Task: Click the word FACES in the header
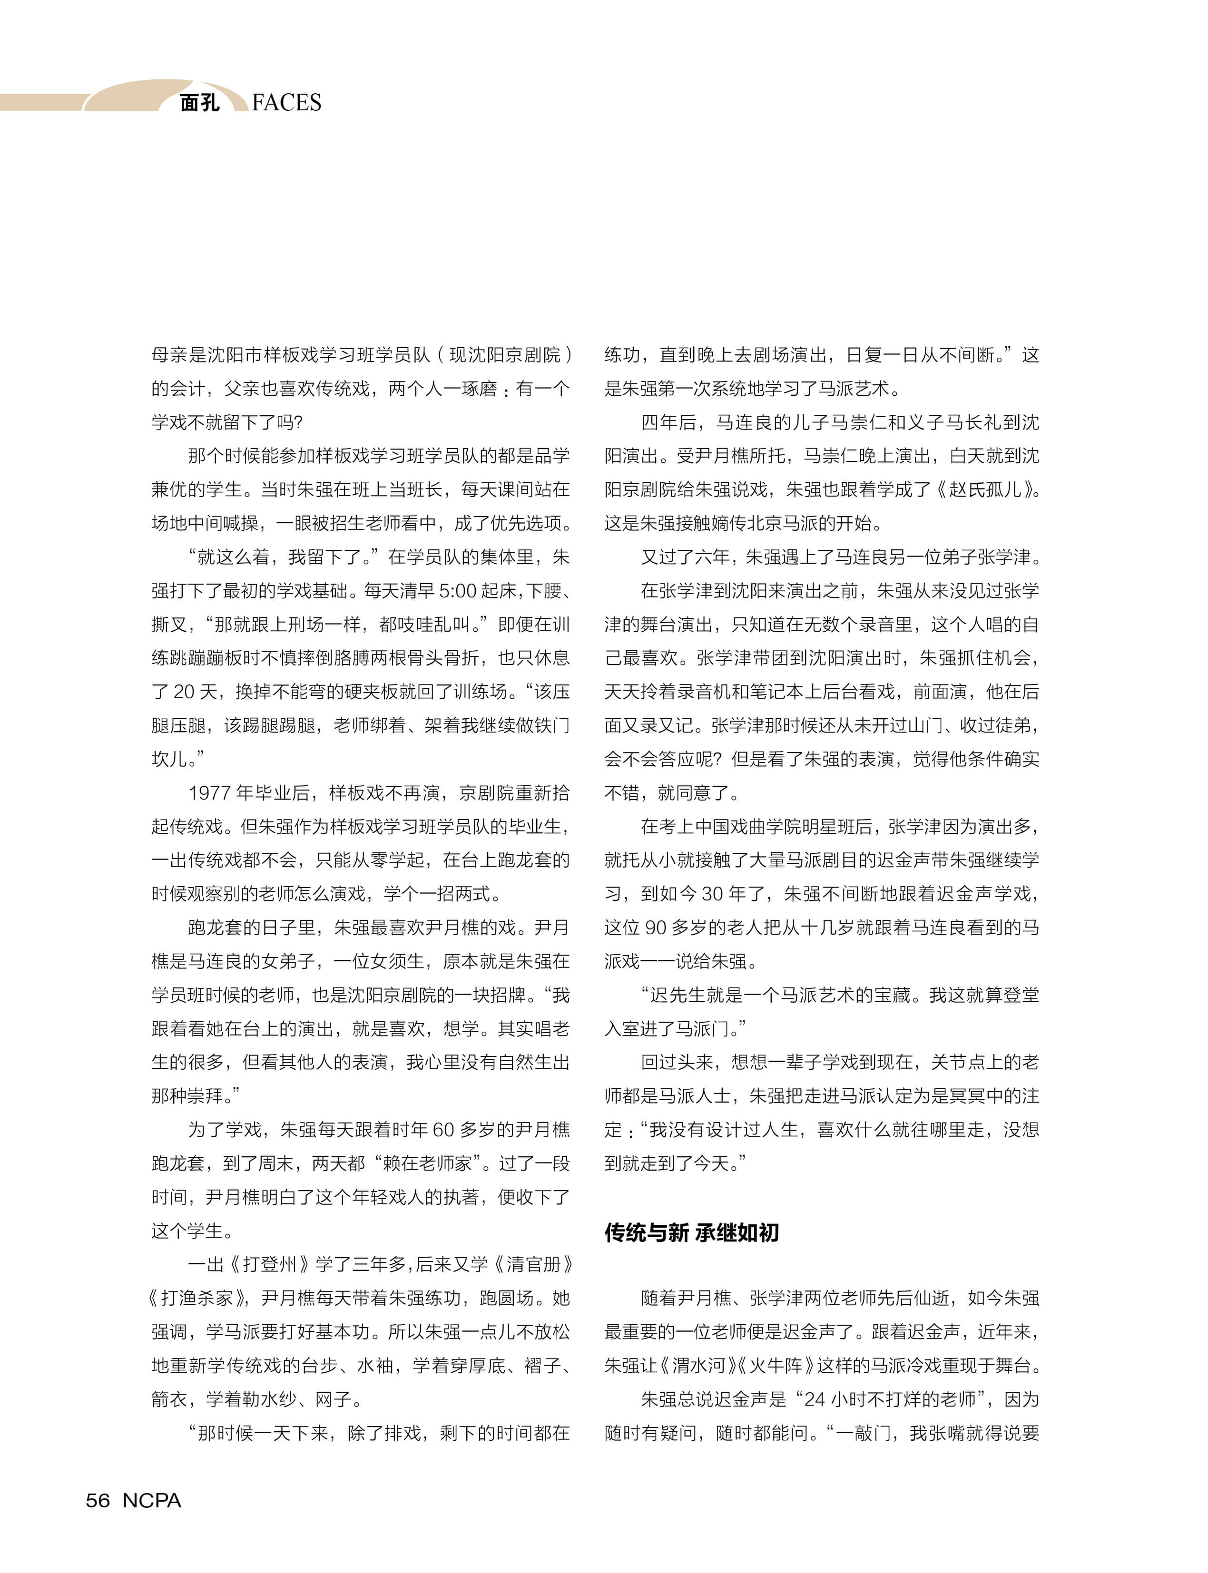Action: point(286,103)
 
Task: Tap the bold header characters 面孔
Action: point(199,103)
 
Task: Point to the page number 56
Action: point(98,1500)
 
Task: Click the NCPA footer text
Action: point(152,1500)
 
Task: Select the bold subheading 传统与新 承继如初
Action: point(691,1233)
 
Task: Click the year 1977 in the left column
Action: point(209,793)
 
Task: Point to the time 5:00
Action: point(457,591)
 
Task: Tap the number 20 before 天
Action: point(184,692)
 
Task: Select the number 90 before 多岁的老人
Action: point(655,928)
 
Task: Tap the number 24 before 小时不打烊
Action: point(814,1399)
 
